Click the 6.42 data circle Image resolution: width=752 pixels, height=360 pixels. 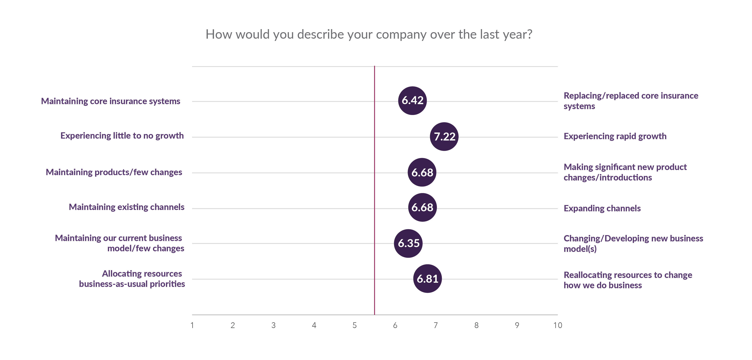coord(412,101)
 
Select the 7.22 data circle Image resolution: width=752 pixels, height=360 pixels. coord(444,136)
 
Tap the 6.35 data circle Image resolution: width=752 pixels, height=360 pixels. coord(408,243)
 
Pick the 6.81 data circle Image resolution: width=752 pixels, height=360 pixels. coord(427,279)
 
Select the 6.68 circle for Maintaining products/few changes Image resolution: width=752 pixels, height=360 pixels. coord(422,172)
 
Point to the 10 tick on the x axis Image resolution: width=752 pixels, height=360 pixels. coord(557,325)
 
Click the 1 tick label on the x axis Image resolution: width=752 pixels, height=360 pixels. coord(192,325)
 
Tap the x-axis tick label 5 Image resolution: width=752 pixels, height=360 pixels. coord(354,325)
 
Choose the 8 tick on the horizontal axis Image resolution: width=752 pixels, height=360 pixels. coord(476,325)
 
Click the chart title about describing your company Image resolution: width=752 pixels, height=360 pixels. coord(369,34)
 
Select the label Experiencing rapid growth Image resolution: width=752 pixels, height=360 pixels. coord(615,136)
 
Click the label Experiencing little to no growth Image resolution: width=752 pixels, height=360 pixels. coord(122,136)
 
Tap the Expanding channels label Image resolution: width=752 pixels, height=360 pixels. coord(602,208)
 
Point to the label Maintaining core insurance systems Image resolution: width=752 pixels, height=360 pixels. coord(111,101)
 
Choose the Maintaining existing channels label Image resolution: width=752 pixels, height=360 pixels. coord(126,207)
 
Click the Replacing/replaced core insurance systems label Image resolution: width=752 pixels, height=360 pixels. coord(631,101)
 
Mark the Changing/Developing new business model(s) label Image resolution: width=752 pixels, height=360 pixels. coord(633,243)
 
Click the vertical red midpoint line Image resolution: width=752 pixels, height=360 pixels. coord(374,190)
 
